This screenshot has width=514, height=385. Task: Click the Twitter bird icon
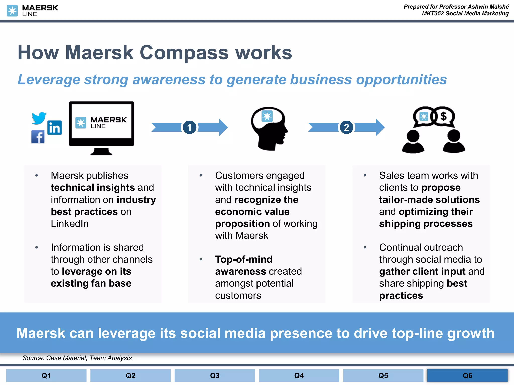click(x=39, y=118)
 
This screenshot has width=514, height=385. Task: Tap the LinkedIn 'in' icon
click(x=55, y=128)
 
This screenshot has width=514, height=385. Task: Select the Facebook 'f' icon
click(x=38, y=137)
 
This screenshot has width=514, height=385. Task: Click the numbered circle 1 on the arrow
click(x=189, y=127)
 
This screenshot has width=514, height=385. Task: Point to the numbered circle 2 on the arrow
click(x=346, y=127)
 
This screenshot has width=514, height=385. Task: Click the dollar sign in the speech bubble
click(x=444, y=116)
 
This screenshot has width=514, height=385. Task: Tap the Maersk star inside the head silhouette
click(x=267, y=116)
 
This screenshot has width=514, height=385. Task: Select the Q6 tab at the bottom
click(x=467, y=375)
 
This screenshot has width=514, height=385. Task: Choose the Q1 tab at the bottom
click(x=46, y=375)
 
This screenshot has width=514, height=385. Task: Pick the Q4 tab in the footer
click(x=299, y=375)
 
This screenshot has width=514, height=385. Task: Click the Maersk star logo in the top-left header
click(x=12, y=11)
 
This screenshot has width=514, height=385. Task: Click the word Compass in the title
click(x=184, y=53)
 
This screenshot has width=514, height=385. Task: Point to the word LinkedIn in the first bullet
click(x=70, y=223)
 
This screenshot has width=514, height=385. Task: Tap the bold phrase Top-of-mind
click(x=244, y=259)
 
